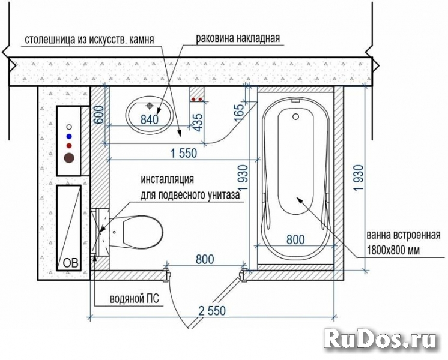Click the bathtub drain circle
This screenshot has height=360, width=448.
295,116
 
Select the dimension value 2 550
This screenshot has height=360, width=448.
212,311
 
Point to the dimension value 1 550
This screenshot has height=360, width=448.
184,154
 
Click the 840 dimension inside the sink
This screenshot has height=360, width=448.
150,119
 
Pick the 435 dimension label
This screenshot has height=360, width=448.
198,122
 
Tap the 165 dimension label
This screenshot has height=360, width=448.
239,112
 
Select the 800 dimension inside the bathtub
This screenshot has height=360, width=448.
295,239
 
